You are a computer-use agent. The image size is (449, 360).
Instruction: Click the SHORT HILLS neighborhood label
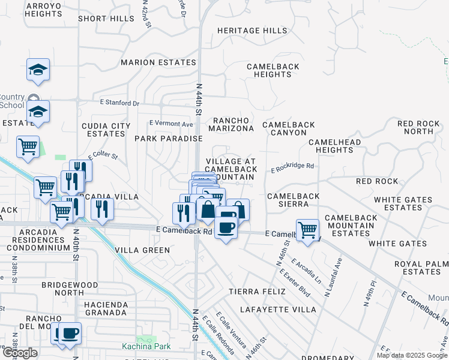point(106,19)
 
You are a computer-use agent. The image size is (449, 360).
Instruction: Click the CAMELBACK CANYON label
point(288,128)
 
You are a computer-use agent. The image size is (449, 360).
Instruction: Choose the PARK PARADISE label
point(168,139)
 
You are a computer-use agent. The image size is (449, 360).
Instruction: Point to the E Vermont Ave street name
point(172,124)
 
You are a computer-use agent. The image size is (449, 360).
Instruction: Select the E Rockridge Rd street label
point(292,167)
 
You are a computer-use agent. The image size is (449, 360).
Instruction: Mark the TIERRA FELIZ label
point(255,292)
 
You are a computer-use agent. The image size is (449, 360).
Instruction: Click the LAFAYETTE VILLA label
point(278,310)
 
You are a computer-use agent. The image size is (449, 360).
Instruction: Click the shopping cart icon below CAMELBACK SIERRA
point(307,229)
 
